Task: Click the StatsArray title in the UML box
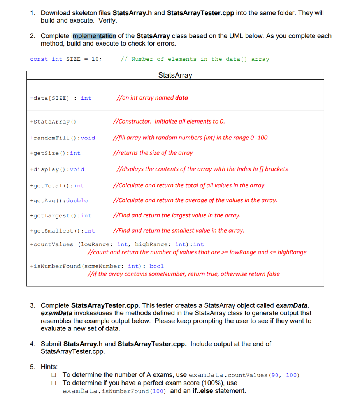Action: click(x=175, y=75)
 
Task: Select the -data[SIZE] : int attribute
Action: click(x=60, y=98)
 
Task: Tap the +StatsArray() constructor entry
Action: click(x=53, y=122)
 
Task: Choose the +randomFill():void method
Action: click(x=62, y=138)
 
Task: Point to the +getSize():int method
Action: click(x=55, y=153)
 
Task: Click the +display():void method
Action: click(x=57, y=169)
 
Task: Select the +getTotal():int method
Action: click(x=57, y=186)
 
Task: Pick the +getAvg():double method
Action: click(x=59, y=201)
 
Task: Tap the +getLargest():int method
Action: click(x=60, y=216)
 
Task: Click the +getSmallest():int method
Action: click(x=62, y=231)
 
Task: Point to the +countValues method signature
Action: click(x=116, y=245)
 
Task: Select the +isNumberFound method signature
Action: click(x=97, y=266)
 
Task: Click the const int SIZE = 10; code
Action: click(x=66, y=59)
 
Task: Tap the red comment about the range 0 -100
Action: click(x=190, y=138)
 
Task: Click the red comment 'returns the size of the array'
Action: click(x=153, y=153)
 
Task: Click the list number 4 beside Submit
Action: click(x=32, y=344)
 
